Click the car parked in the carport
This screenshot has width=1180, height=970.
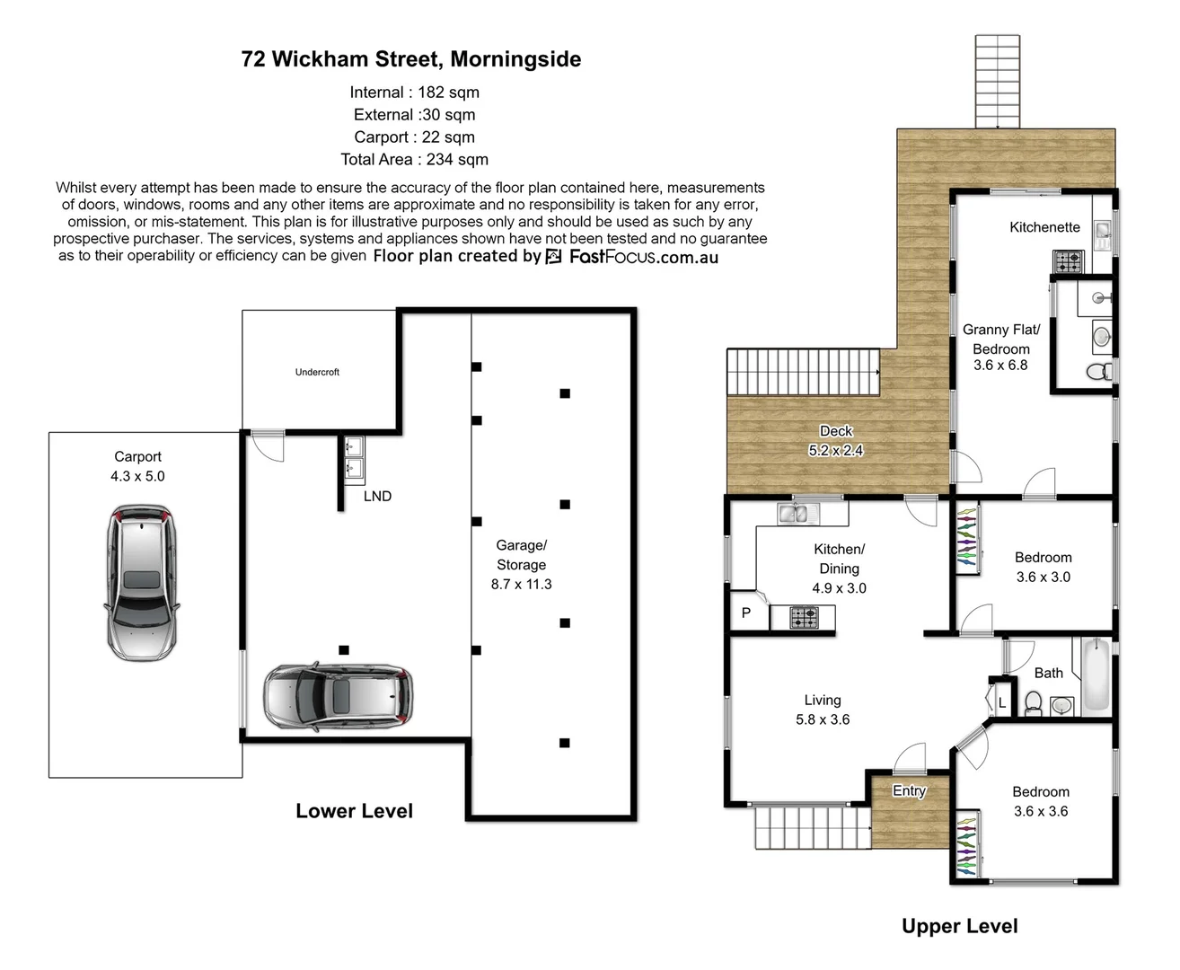pyautogui.click(x=141, y=582)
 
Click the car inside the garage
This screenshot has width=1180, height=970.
pyautogui.click(x=339, y=696)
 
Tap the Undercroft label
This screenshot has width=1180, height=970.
pyautogui.click(x=317, y=372)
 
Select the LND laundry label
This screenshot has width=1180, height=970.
pyautogui.click(x=377, y=496)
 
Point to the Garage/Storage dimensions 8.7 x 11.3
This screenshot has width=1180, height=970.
pyautogui.click(x=521, y=584)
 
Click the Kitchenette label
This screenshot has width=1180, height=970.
pyautogui.click(x=1044, y=227)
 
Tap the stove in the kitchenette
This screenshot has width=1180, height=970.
pyautogui.click(x=1069, y=261)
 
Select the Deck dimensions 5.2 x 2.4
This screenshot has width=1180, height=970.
pyautogui.click(x=835, y=451)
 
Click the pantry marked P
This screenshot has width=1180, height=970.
pyautogui.click(x=745, y=613)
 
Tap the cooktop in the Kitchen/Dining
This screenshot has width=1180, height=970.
pyautogui.click(x=804, y=618)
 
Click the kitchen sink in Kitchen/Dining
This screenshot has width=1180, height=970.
pyautogui.click(x=793, y=514)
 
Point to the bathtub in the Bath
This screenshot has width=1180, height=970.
pyautogui.click(x=1096, y=675)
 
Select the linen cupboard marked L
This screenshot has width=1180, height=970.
pyautogui.click(x=1001, y=703)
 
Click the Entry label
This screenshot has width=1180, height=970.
pyautogui.click(x=909, y=790)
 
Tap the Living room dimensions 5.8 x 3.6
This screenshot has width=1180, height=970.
pyautogui.click(x=823, y=719)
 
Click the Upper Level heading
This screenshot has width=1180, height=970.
pyautogui.click(x=959, y=927)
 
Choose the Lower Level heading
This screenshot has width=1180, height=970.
pyautogui.click(x=354, y=811)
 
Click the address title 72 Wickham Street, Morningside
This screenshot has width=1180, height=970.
pyautogui.click(x=411, y=59)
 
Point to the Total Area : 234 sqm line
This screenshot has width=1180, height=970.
pyautogui.click(x=414, y=160)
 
